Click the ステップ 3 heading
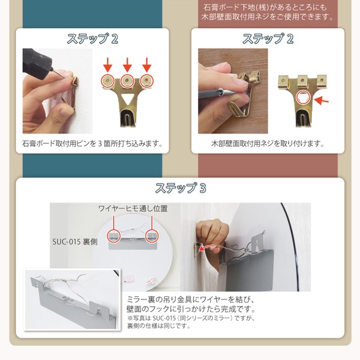tap(181, 188)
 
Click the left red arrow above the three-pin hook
tap(107, 65)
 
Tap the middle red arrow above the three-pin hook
tap(127, 65)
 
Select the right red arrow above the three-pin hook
tap(147, 65)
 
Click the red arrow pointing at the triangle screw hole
tap(322, 100)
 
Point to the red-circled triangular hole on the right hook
tap(302, 98)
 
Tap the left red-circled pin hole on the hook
tap(107, 80)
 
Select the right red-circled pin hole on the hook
tap(147, 80)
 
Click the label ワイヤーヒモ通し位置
tap(133, 208)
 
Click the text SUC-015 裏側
tap(75, 242)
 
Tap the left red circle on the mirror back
tap(114, 236)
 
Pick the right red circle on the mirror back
tap(152, 236)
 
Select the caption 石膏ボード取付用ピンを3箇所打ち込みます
tap(92, 144)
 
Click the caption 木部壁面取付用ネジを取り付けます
tap(268, 144)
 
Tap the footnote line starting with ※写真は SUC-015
tap(191, 319)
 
